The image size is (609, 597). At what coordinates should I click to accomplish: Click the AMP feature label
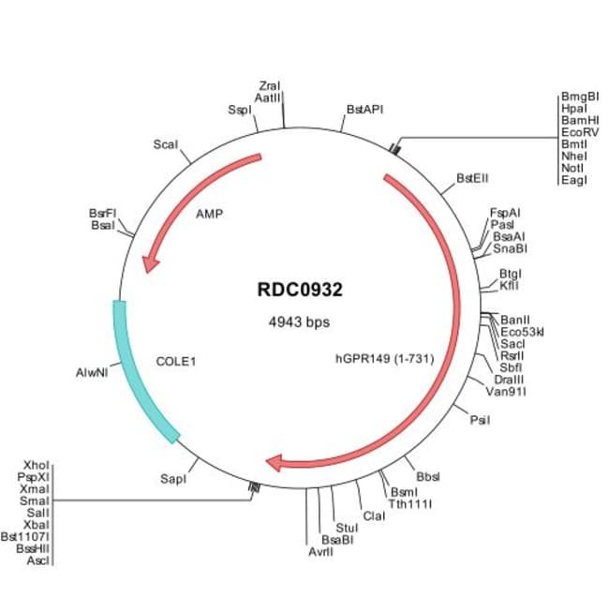(209, 214)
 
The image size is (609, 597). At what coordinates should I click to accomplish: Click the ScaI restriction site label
(165, 144)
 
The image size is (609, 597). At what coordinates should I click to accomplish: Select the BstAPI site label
(364, 110)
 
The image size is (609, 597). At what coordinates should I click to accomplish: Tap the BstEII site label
(473, 178)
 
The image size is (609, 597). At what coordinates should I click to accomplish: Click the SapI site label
(173, 479)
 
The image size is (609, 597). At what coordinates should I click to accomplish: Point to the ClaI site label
(373, 515)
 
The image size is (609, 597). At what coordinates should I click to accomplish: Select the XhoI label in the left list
(37, 465)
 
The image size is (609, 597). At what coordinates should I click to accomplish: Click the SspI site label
(240, 110)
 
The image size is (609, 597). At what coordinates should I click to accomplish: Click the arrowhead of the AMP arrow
(146, 267)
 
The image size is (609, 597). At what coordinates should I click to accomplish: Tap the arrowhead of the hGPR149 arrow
(274, 461)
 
